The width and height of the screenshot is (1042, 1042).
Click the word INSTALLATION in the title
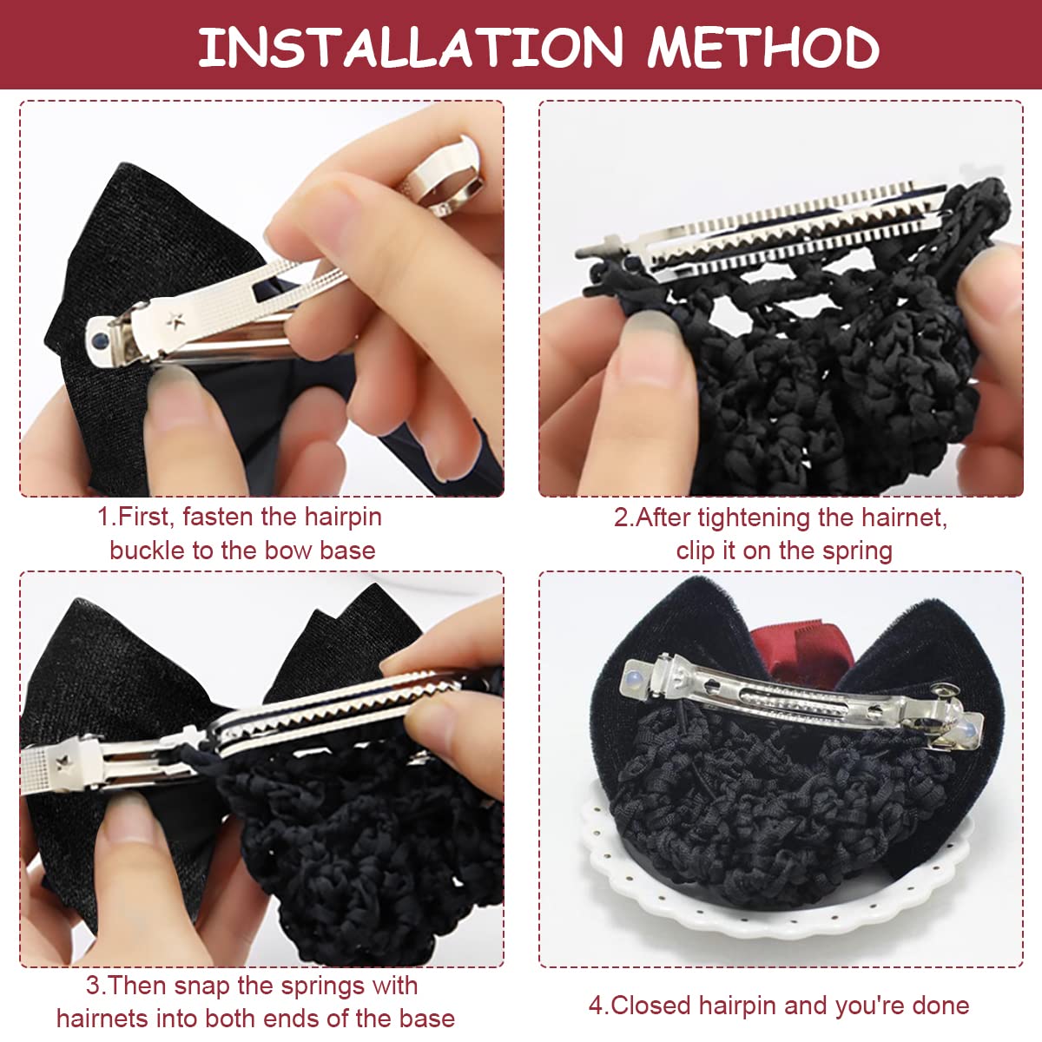[x=411, y=48]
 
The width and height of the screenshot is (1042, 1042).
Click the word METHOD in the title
[x=763, y=48]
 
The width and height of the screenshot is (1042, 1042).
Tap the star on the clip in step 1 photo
[x=175, y=321]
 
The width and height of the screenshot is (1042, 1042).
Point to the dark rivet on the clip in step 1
[x=99, y=340]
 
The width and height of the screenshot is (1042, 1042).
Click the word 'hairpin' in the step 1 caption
[x=343, y=517]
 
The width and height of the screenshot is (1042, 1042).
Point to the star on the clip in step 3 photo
[x=64, y=762]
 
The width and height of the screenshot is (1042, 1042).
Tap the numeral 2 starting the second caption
[x=621, y=518]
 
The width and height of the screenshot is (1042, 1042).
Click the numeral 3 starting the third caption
[x=93, y=986]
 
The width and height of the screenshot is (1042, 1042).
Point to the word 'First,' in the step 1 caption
[x=146, y=517]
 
